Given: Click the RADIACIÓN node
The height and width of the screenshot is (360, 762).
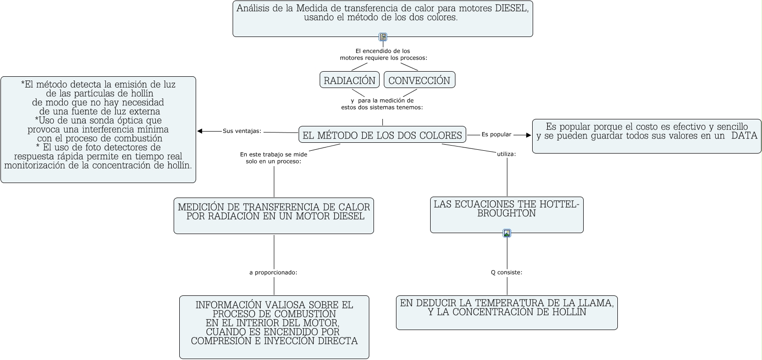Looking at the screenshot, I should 350,80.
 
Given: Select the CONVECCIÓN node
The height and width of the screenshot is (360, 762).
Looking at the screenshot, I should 419,80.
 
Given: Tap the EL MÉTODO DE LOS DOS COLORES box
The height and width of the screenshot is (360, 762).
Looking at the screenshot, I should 382,135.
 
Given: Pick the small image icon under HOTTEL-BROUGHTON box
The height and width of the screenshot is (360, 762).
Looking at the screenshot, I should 507,233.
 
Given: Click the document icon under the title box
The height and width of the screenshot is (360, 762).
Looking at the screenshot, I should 383,37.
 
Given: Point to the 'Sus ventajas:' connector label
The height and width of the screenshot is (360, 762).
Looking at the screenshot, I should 242,131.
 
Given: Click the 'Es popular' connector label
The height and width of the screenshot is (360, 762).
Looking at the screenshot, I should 496,135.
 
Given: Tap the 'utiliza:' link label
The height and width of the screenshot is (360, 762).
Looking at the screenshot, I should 506,154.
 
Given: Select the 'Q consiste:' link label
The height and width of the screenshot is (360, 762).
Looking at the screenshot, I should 506,272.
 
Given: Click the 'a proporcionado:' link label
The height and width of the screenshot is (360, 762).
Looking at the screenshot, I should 273,272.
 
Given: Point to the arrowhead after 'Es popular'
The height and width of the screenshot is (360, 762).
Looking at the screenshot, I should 529,135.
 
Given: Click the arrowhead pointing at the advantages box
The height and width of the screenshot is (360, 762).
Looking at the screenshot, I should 200,131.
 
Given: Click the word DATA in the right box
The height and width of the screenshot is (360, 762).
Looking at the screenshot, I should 744,136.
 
